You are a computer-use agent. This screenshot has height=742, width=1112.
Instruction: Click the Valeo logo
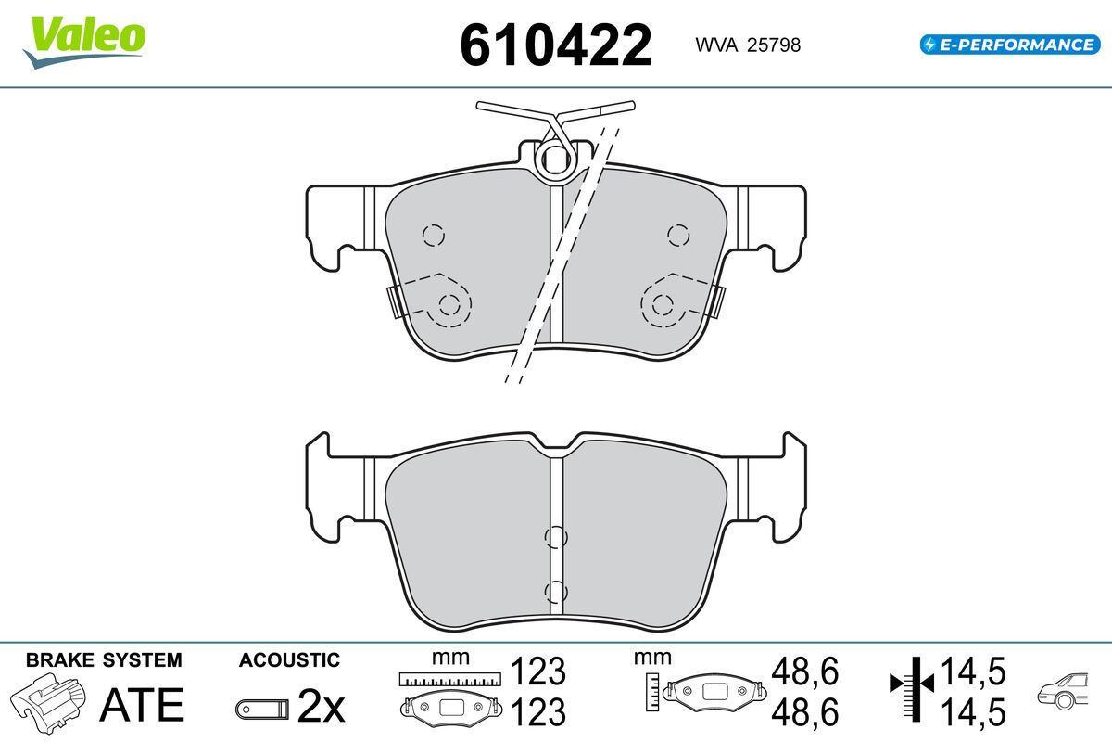coord(84,42)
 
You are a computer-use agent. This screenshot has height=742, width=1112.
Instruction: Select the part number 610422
coord(555,45)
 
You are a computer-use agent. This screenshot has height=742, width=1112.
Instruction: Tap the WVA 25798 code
coord(748,45)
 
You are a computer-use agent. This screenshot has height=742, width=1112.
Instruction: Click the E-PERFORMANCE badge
coord(1010,45)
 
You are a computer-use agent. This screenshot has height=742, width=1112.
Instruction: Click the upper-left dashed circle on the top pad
coord(434,235)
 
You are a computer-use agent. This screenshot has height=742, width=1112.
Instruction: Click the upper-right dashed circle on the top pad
coord(678,235)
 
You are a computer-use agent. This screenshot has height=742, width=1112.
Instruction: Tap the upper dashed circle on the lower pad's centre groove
coord(555,537)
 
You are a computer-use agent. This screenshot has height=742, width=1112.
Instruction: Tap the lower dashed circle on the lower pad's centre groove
coord(555,592)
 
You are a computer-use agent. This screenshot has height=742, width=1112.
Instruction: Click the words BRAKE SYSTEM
coord(104,660)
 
